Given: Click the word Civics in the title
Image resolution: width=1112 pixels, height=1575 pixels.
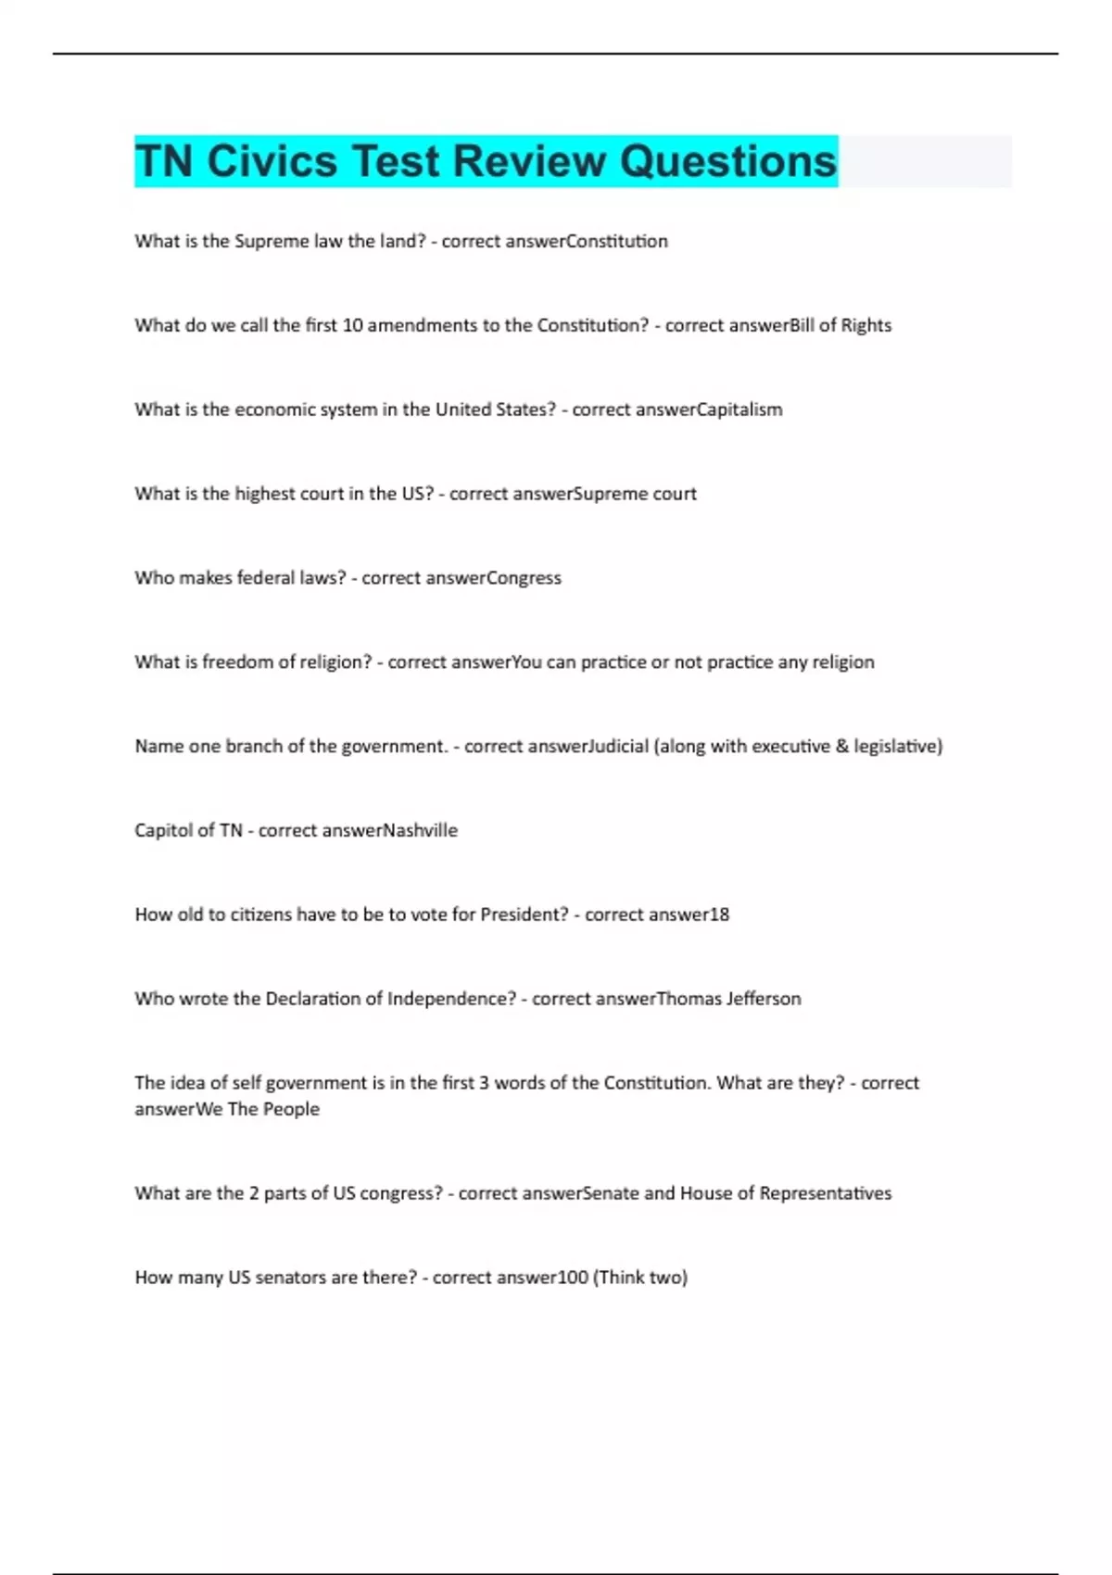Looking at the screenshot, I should (272, 161).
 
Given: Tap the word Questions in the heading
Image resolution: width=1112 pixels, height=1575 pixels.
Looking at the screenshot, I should (727, 161).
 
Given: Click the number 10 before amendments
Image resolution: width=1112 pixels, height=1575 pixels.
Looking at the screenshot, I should (352, 325).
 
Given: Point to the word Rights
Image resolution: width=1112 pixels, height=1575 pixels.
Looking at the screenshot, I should (866, 325).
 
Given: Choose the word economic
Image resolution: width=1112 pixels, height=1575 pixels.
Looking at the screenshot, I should (272, 409).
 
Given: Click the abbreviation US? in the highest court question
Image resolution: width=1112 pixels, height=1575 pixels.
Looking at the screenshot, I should (417, 494).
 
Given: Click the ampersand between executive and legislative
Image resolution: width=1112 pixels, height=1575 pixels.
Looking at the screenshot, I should (841, 747).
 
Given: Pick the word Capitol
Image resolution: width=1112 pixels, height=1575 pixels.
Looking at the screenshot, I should (161, 831).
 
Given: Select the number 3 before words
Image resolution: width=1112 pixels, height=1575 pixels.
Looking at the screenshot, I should (484, 1083).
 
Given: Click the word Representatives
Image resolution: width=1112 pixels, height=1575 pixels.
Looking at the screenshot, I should (825, 1193).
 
